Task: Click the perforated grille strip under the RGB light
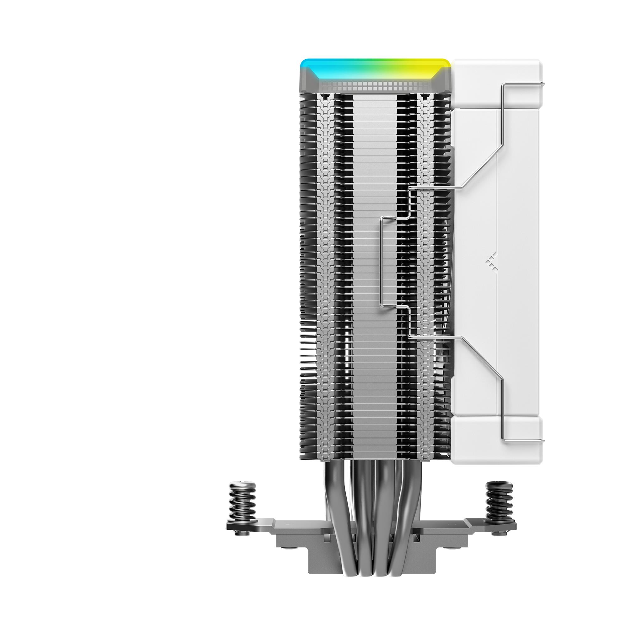[374, 86]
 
